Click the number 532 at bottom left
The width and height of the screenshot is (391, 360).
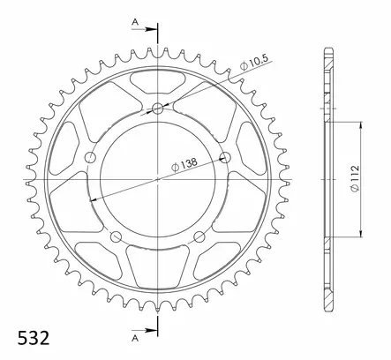(x=34, y=338)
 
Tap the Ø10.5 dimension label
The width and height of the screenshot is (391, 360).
(x=254, y=63)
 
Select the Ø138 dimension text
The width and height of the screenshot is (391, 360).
(x=184, y=165)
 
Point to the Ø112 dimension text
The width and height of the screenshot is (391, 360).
(x=355, y=179)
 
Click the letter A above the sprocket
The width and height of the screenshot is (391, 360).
(x=135, y=22)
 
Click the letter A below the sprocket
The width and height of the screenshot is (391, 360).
(x=135, y=339)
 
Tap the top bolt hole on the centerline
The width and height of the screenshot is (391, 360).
(x=158, y=109)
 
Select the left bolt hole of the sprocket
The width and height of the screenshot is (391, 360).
(x=90, y=157)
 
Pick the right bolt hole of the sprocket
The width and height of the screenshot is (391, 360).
(x=225, y=157)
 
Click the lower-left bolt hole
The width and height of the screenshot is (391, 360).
(x=116, y=236)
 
